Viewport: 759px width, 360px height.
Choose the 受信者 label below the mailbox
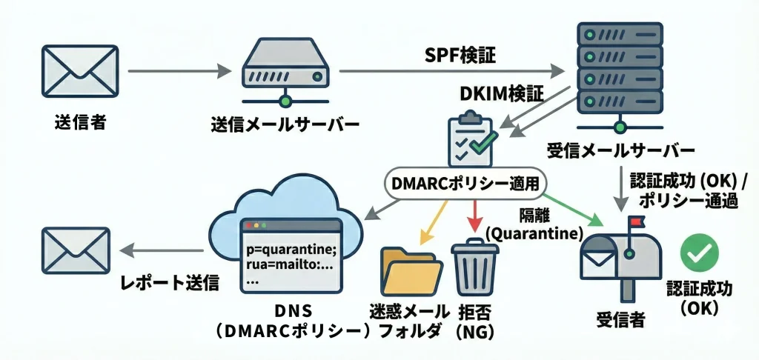(620, 321)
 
